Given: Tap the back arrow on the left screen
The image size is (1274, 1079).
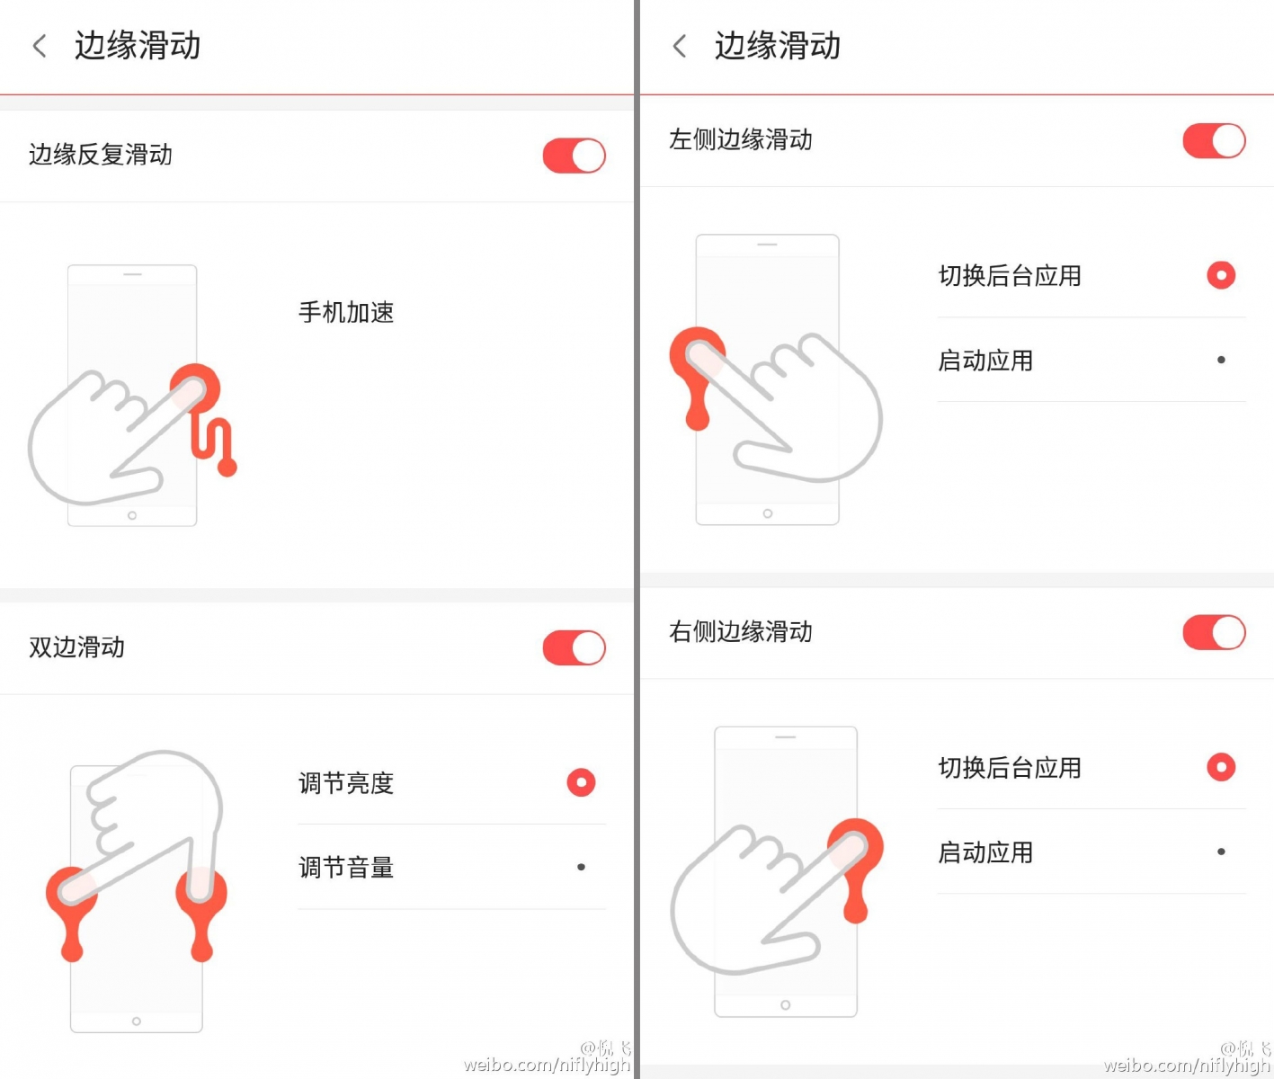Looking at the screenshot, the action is point(40,46).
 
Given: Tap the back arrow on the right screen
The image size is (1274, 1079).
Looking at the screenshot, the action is point(679,46).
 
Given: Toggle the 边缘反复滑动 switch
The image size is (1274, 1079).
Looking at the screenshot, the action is point(574,156).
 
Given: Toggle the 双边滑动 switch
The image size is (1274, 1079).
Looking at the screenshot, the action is point(574,647).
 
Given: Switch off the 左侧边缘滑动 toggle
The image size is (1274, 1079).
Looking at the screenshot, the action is point(1214,140).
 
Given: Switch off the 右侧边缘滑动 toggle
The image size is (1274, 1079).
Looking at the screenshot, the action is point(1214,632).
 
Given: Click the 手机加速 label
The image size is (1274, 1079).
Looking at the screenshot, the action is point(346,313).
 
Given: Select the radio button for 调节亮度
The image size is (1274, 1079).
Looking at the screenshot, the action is point(581,782).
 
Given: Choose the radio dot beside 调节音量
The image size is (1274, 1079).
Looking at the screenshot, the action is point(581,867).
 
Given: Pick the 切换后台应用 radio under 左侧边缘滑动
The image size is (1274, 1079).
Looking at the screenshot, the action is point(1220,275).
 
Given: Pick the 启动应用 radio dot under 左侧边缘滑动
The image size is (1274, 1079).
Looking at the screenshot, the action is point(1220,360).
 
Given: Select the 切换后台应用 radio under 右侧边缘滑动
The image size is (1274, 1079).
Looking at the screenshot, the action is point(1220,767).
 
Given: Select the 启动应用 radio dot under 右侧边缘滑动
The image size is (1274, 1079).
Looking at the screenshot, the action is point(1220,852).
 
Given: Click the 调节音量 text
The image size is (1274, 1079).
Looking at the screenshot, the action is point(346,868).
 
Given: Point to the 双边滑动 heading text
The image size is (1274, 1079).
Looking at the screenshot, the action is point(76,647).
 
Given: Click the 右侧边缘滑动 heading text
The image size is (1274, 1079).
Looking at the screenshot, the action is point(740,632).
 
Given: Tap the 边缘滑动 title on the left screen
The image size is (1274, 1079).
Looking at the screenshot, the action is point(138,46).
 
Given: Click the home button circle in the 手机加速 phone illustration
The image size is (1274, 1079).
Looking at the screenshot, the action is point(132,515).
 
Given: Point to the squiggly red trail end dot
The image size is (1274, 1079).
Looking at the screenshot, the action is point(227,468).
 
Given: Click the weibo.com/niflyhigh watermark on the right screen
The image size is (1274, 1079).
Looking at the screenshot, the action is point(1187,1065).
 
